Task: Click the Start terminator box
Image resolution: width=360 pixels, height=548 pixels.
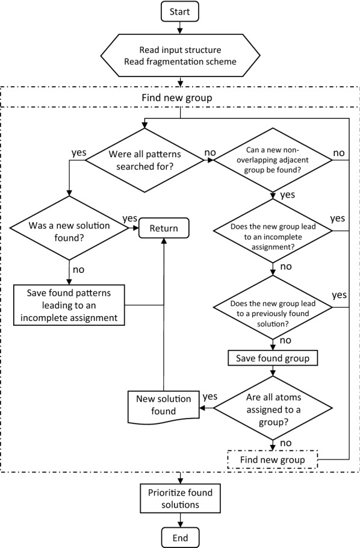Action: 180,11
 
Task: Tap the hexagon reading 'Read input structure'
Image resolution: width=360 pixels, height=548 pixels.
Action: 180,56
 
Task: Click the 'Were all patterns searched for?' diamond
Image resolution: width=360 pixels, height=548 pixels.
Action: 143,161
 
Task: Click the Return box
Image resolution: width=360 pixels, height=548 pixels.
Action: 164,229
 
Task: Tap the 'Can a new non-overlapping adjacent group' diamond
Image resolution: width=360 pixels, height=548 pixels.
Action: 275,161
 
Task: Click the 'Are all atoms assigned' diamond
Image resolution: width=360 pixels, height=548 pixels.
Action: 275,407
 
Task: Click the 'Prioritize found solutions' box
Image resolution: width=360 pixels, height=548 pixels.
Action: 180,498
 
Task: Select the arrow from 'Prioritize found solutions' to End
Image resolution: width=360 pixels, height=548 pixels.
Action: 180,519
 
